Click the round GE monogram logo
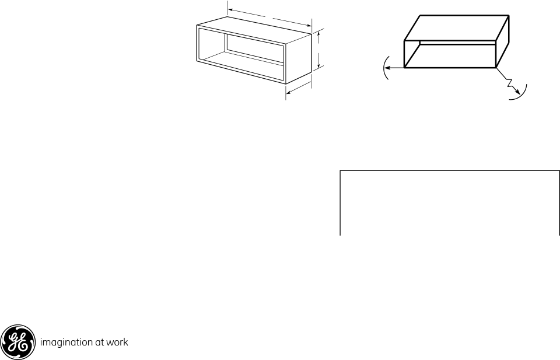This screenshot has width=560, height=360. tap(18, 342)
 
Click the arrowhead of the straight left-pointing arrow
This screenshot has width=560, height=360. tap(387, 68)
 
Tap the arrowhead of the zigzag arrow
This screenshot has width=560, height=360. tap(517, 93)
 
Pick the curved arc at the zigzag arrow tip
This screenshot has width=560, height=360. tap(522, 93)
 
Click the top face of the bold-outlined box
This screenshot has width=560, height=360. tap(456, 28)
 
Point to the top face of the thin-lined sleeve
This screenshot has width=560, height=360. tap(254, 30)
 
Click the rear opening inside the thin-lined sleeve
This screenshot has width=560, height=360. tap(255, 47)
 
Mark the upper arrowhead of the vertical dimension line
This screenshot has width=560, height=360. tap(318, 34)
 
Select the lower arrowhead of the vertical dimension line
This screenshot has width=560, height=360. tap(318, 66)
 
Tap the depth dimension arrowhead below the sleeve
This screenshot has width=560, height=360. tap(289, 93)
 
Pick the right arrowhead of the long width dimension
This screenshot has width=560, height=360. tap(309, 25)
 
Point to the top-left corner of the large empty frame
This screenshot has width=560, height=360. tap(340, 171)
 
